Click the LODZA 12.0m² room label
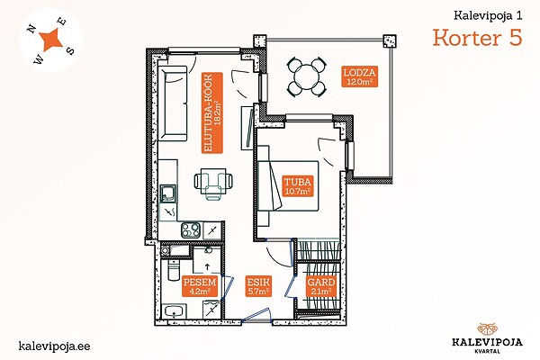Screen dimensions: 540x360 tap(359, 76)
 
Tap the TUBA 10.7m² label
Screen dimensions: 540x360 tap(298, 186)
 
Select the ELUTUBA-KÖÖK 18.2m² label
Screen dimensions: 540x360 tap(212, 112)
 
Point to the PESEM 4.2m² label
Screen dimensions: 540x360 tap(200, 286)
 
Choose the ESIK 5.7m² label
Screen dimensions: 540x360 tap(258, 286)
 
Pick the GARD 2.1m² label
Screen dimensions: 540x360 tap(320, 286)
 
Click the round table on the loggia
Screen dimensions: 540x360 tap(307, 77)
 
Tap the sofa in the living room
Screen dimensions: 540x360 tap(173, 103)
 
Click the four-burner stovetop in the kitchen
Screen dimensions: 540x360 tap(191, 229)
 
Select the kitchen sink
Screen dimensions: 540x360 tap(168, 193)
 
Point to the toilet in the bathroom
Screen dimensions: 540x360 tap(173, 270)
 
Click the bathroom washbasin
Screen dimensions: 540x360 tap(175, 311)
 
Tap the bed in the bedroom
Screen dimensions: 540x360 tap(288, 185)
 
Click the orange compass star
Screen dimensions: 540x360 tap(51, 40)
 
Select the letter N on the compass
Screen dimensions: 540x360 tap(31, 29)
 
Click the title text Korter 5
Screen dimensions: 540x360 tap(477, 37)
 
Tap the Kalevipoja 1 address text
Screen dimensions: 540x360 tap(488, 15)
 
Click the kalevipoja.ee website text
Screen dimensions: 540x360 tap(54, 346)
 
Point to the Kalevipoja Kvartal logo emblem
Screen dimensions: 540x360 tap(487, 329)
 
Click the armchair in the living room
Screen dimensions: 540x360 tap(213, 184)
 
